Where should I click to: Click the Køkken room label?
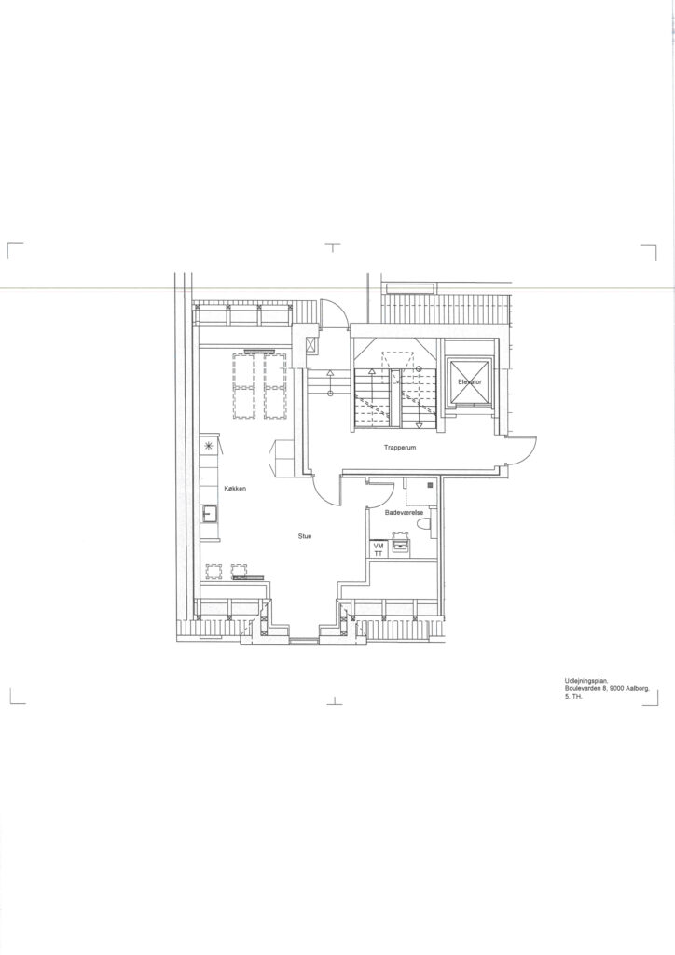click(x=234, y=489)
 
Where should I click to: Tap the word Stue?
click(x=305, y=536)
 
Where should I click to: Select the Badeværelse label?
click(x=404, y=513)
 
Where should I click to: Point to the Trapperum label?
click(x=399, y=447)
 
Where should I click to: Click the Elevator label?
click(x=470, y=381)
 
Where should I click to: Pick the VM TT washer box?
click(x=378, y=549)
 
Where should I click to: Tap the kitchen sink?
click(x=210, y=514)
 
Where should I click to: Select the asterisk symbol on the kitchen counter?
click(x=209, y=446)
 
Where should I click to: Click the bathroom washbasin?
click(x=400, y=544)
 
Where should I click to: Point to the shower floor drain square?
click(x=431, y=485)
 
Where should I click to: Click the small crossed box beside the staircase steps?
click(x=311, y=345)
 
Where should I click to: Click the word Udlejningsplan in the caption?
click(x=582, y=682)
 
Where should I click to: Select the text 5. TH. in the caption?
click(x=573, y=696)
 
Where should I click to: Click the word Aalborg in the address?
click(x=638, y=689)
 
